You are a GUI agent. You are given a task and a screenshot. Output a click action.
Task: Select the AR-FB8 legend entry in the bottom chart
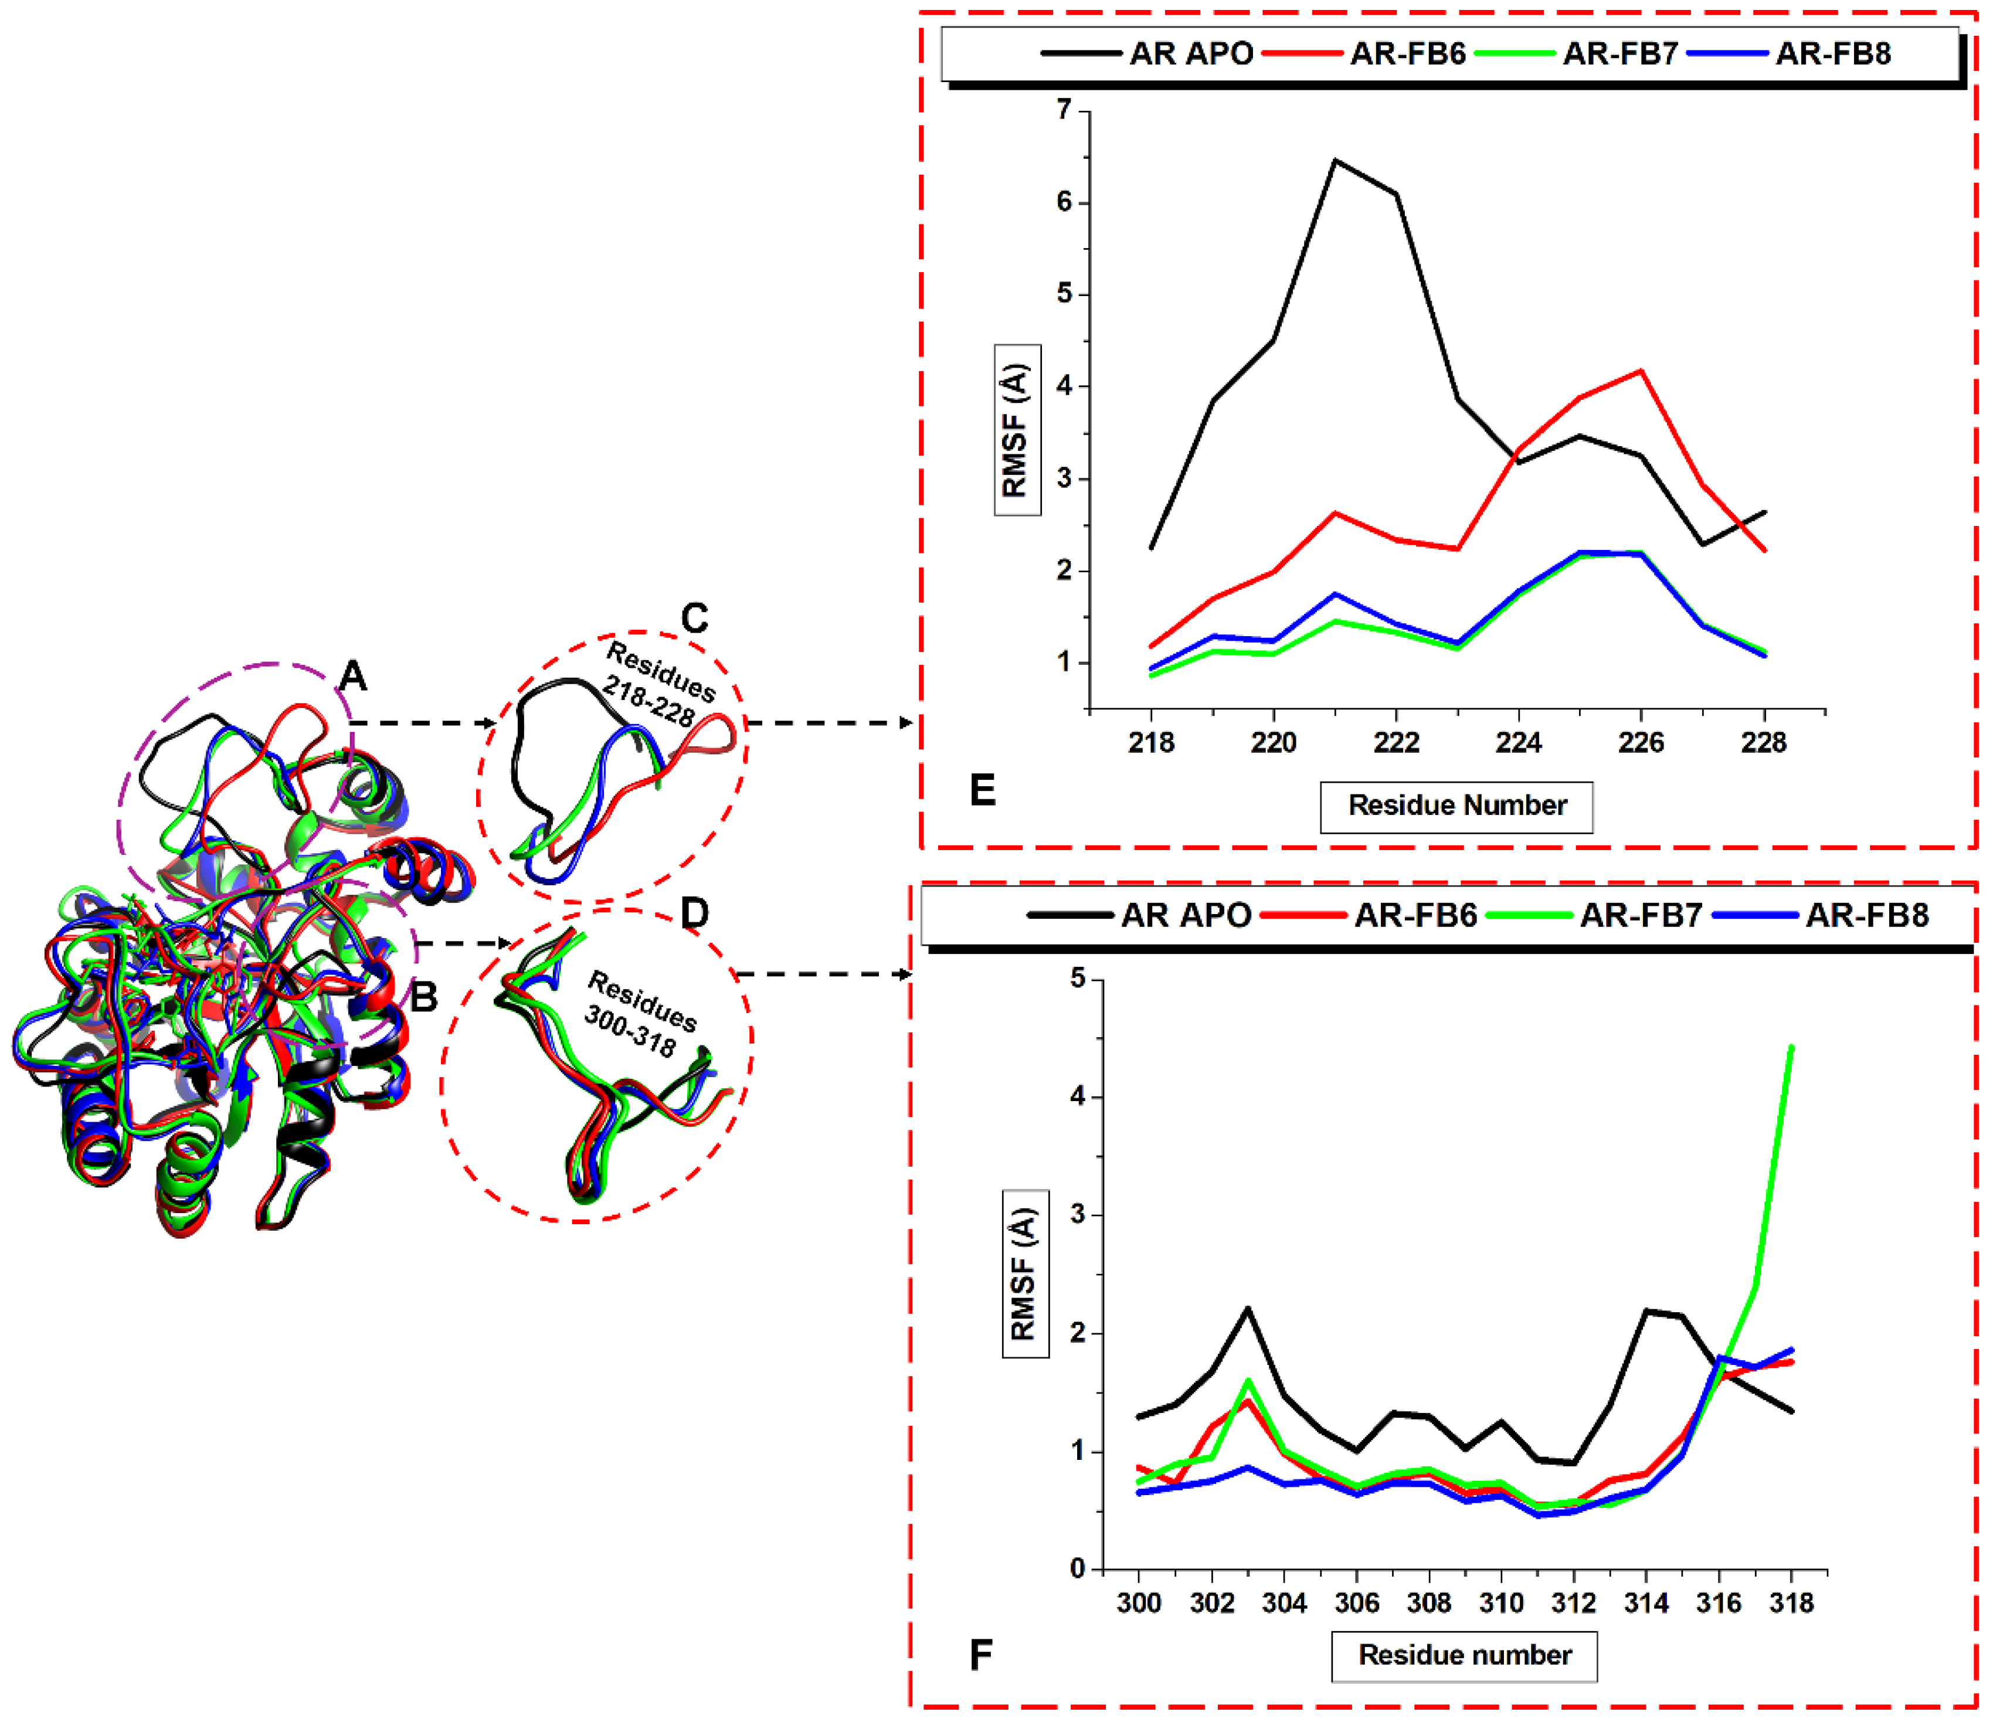tap(1866, 915)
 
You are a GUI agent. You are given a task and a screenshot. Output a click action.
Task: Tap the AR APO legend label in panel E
tap(1191, 54)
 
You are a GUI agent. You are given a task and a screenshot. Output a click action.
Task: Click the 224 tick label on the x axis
tap(1518, 743)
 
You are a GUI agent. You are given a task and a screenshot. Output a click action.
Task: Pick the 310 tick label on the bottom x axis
tap(1500, 1603)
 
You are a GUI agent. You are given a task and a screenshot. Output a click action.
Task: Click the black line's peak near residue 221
tap(1335, 161)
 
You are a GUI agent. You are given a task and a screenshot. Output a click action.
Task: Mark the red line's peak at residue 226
tap(1641, 371)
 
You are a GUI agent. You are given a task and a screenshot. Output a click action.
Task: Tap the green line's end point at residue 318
tap(1791, 1047)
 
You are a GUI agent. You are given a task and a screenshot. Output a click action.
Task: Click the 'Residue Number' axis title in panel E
tap(1456, 805)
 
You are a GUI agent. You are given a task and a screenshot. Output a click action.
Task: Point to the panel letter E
tap(982, 790)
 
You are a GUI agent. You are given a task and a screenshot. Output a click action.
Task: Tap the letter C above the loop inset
tap(694, 619)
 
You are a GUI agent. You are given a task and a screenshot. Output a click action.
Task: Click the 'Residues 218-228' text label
tap(656, 685)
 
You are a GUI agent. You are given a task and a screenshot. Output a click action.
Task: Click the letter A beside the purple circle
tap(353, 677)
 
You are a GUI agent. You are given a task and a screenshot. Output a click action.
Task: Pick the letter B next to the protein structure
tap(423, 997)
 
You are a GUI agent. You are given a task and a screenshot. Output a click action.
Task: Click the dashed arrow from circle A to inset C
tap(423, 722)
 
